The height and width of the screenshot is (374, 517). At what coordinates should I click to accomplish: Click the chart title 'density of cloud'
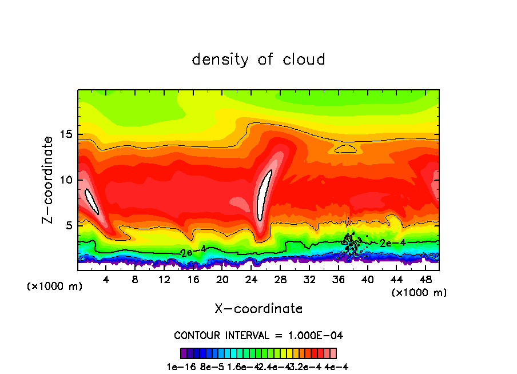point(258,59)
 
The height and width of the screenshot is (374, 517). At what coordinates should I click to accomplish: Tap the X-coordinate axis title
point(258,309)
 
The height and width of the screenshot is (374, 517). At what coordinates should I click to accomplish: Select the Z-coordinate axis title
point(49,180)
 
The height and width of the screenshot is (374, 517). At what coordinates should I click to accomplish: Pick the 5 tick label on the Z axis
point(68,226)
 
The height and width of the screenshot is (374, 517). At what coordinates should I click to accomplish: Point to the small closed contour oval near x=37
point(346,148)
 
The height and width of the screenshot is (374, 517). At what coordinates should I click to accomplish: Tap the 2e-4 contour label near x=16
point(193,252)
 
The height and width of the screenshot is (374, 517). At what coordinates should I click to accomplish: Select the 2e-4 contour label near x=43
point(392,242)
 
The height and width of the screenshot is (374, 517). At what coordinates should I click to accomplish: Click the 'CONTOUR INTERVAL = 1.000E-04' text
point(258,335)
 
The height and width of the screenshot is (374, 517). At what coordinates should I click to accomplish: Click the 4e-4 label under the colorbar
point(336,367)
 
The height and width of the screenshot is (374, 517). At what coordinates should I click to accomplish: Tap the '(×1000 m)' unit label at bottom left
point(55,287)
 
